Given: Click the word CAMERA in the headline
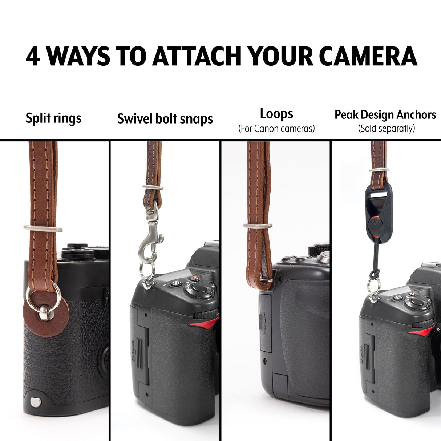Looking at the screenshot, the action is [371, 56].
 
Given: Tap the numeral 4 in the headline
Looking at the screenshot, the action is [33, 57].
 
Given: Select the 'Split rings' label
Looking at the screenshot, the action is [53, 118].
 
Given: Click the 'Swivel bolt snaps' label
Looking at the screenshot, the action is [165, 119].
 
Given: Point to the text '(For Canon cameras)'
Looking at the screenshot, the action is [276, 128].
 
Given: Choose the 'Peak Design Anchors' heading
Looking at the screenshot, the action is [385, 115].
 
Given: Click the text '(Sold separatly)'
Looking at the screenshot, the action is [387, 128].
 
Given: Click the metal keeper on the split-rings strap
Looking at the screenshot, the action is [43, 228].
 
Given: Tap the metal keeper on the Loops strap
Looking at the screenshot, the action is [258, 226].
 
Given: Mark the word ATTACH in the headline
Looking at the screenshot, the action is [197, 56].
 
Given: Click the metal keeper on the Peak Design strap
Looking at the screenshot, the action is [379, 170].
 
